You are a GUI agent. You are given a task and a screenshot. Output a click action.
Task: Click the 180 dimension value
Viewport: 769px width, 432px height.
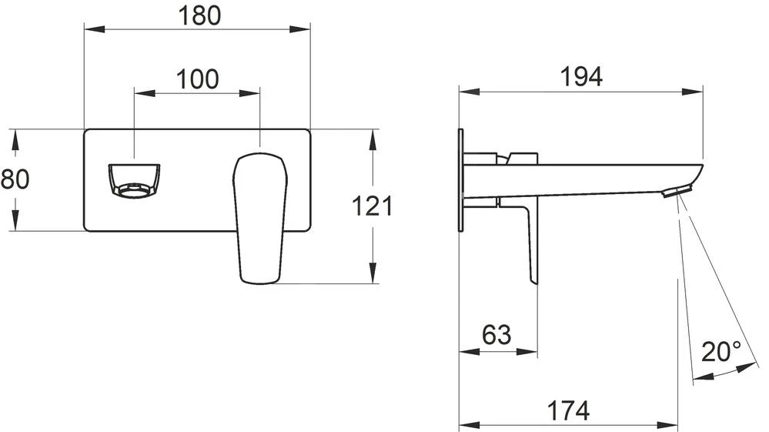pyautogui.click(x=198, y=15)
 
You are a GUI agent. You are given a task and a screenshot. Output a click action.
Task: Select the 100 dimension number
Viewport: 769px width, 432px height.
pyautogui.click(x=198, y=79)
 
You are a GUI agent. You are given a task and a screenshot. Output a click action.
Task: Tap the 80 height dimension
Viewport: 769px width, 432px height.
pyautogui.click(x=15, y=179)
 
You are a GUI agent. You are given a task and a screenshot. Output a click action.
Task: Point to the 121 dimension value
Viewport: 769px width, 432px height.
pyautogui.click(x=373, y=206)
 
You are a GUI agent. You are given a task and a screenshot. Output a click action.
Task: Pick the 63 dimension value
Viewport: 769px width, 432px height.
pyautogui.click(x=497, y=334)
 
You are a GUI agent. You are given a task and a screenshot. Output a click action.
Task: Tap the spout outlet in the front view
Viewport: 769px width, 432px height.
pyautogui.click(x=133, y=180)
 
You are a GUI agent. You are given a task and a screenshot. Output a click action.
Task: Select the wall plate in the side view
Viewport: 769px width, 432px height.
pyautogui.click(x=461, y=179)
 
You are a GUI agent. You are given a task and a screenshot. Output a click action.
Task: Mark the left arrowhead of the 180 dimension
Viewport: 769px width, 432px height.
pyautogui.click(x=89, y=30)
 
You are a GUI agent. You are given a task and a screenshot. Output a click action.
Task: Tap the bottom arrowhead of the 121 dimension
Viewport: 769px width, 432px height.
pyautogui.click(x=373, y=279)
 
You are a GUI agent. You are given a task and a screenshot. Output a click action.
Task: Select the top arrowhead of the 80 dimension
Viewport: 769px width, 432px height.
pyautogui.click(x=15, y=134)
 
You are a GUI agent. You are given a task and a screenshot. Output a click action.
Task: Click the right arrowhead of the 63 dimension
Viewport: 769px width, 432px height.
pyautogui.click(x=532, y=353)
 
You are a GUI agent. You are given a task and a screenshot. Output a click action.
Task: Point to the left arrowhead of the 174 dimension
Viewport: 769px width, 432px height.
pyautogui.click(x=464, y=424)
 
